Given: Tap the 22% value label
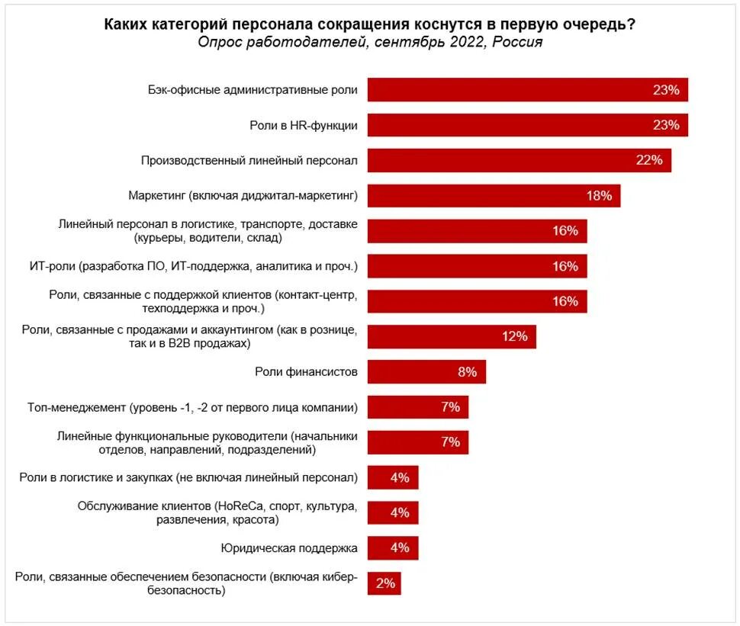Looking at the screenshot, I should pos(648,160).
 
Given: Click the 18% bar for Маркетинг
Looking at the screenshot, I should pos(494,195).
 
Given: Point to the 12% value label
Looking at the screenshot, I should pos(515,336).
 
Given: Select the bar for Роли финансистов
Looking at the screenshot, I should pos(426,372).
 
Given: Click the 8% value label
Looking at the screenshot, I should pos(467,372).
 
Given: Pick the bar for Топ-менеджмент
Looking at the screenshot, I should pos(417,407).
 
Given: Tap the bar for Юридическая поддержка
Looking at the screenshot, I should pos(393,548).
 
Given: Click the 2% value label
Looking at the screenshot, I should pos(385,583).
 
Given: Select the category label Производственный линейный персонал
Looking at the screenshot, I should pos(249,161).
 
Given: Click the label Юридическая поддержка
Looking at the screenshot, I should pos(289,548).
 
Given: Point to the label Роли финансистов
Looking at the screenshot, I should pos(306,372).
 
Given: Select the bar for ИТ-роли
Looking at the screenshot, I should pos(478,266).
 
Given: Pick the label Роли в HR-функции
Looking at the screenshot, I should pos(304,125).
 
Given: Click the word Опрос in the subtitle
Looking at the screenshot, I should pos(220,42).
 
